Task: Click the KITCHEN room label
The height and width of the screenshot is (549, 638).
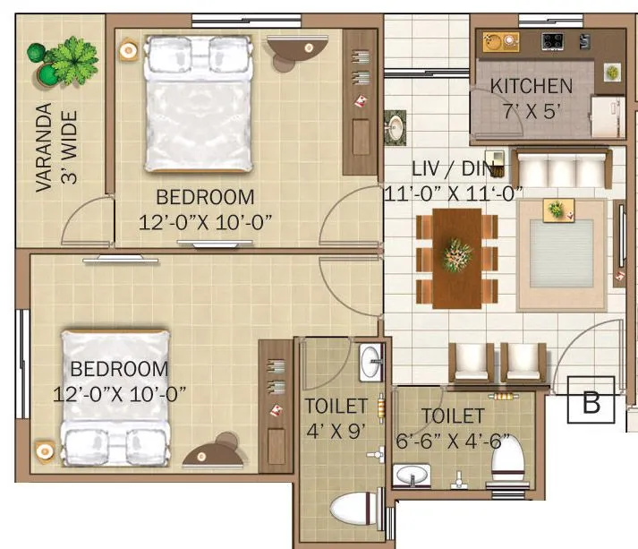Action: [x=531, y=86]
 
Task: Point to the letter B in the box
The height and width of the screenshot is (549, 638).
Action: [x=591, y=402]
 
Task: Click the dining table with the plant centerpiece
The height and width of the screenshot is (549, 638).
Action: [x=457, y=258]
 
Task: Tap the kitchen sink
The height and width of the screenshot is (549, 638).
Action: [x=500, y=41]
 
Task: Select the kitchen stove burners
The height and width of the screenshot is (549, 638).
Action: [x=550, y=41]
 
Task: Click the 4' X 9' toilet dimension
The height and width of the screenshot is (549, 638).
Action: [x=332, y=429]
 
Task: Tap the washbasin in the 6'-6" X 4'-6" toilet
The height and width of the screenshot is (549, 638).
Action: [x=413, y=474]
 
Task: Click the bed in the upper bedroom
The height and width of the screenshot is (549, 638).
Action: [x=199, y=104]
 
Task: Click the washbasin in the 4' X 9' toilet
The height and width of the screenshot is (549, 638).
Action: [x=370, y=363]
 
